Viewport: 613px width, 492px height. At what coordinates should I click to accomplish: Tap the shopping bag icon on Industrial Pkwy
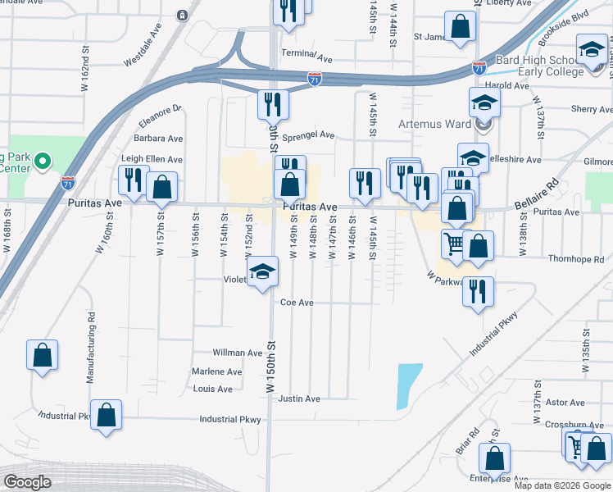106,414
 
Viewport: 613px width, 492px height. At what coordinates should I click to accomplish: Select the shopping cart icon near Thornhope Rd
454,243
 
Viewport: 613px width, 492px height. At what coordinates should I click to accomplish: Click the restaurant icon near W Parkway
479,291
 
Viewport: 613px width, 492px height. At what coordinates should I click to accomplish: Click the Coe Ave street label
297,303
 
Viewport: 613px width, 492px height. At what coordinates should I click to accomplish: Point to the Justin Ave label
298,399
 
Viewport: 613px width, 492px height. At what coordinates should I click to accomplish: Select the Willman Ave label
237,353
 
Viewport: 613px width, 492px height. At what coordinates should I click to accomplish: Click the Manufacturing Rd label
91,348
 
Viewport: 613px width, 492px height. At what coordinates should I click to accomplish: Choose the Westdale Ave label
148,51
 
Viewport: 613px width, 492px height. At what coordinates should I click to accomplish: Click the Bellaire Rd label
536,194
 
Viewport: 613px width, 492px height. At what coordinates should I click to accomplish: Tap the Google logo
27,481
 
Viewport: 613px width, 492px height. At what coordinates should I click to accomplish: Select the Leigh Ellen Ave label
152,159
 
